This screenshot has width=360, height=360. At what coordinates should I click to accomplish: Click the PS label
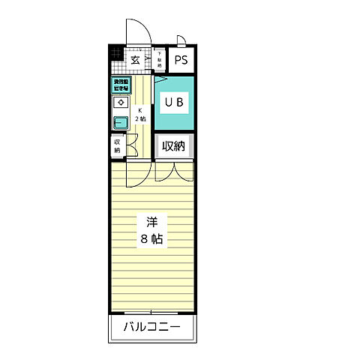(x=181, y=61)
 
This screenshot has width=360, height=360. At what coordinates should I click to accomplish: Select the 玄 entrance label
(x=136, y=60)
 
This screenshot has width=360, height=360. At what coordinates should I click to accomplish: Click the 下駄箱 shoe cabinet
(x=159, y=60)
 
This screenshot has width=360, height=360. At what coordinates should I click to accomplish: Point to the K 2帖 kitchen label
(x=140, y=115)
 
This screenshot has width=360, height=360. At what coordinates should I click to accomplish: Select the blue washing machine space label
(x=120, y=85)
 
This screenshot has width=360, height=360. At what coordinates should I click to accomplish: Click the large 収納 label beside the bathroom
(x=175, y=146)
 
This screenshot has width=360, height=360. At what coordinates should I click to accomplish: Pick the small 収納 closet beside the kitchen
(x=118, y=145)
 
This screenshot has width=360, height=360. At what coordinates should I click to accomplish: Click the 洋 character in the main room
(x=151, y=223)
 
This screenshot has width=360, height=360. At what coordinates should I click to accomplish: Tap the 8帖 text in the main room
(x=151, y=240)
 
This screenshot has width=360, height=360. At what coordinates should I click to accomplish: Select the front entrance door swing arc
(x=136, y=30)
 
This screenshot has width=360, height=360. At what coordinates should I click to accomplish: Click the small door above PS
(x=181, y=40)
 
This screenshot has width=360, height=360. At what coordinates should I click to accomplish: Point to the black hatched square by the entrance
(x=115, y=53)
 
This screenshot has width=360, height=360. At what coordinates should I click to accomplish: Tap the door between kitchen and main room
(x=137, y=172)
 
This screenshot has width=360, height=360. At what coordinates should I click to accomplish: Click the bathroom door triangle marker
(x=160, y=77)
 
